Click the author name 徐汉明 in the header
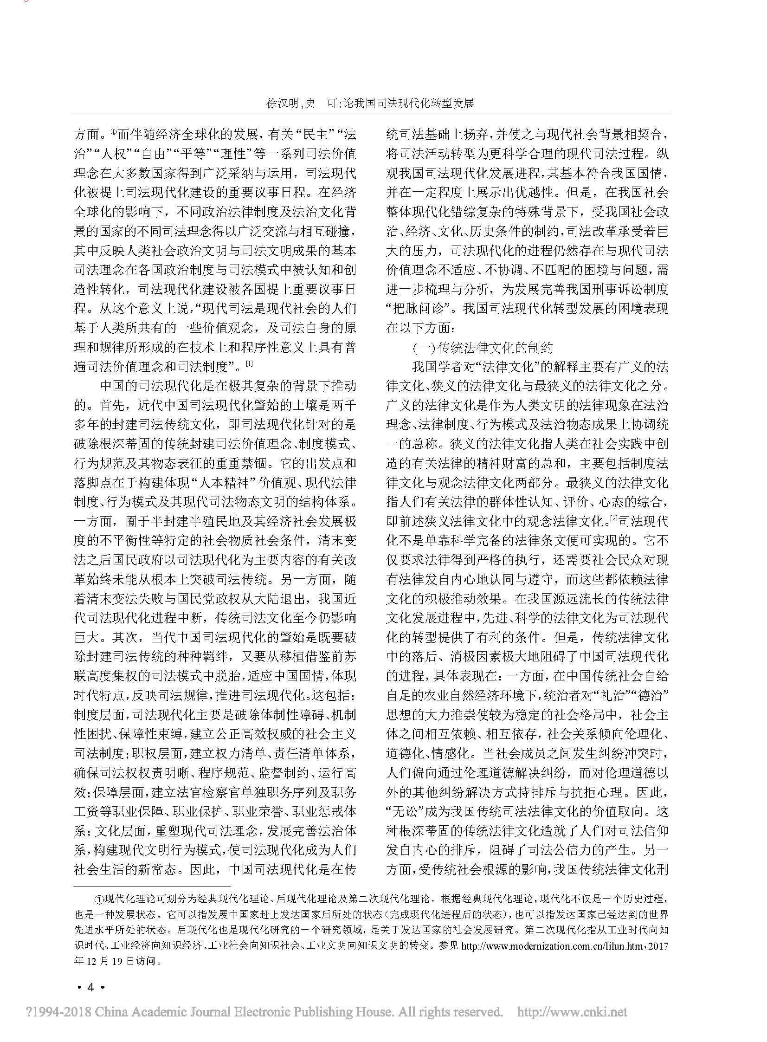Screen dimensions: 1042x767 pyautogui.click(x=282, y=103)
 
